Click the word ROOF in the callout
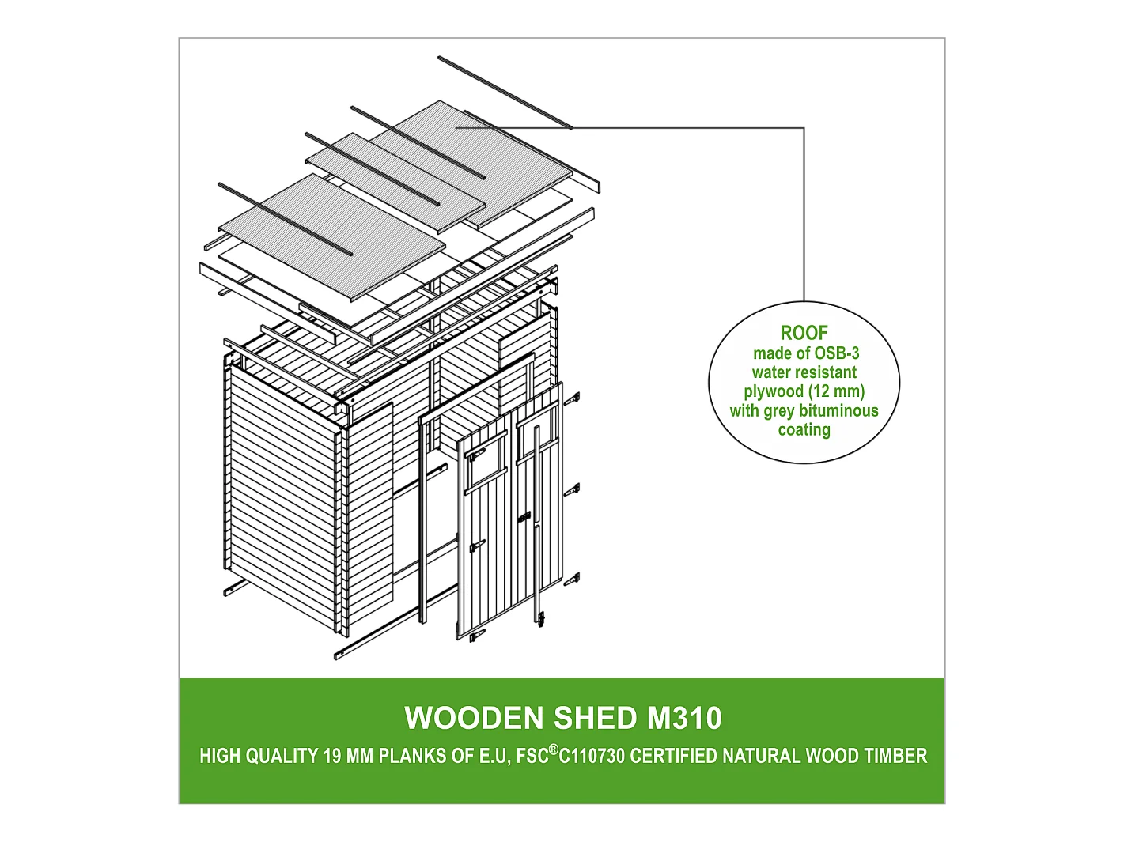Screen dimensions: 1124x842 pos(804,333)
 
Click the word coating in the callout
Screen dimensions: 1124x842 pos(804,430)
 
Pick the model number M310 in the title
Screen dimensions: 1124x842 pos(684,718)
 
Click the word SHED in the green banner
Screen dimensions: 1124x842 pos(595,718)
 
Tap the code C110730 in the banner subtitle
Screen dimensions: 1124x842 pos(592,756)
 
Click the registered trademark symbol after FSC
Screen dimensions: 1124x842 pos(553,749)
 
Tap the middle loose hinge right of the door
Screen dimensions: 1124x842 pos(572,490)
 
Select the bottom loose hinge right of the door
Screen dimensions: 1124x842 pos(572,580)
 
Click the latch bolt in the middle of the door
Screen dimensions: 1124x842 pos(525,519)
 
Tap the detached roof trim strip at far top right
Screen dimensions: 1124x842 pos(505,93)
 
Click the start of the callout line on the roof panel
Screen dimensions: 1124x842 pos(456,127)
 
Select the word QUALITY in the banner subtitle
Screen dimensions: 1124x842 pos(282,756)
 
